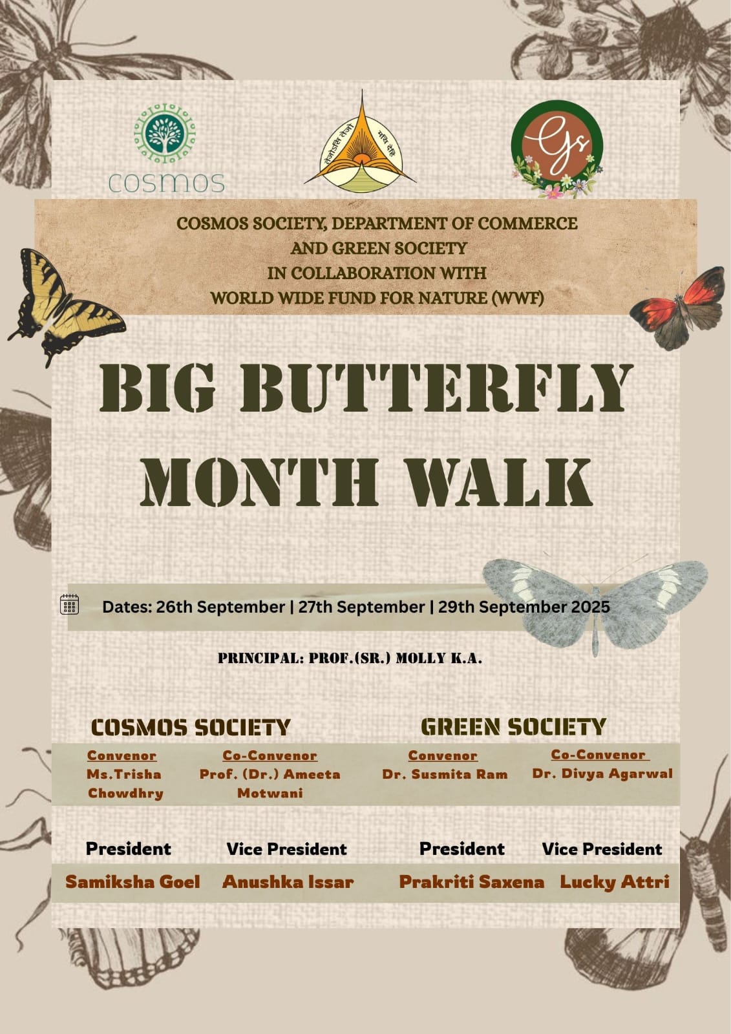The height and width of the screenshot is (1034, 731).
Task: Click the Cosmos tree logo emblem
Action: [164, 134]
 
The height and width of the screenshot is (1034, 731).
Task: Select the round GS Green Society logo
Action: [557, 149]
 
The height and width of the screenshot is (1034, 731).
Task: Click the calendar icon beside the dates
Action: [69, 604]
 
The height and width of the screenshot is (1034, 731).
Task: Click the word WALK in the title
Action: [500, 483]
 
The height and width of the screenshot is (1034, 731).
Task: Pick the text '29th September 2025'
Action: [524, 607]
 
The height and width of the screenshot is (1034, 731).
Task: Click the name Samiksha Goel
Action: [132, 882]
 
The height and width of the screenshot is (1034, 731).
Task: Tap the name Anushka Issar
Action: [288, 882]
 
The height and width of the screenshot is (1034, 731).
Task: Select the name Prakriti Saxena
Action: [471, 882]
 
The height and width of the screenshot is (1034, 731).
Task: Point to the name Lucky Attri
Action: [615, 882]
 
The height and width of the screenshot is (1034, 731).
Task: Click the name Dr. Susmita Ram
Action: [445, 775]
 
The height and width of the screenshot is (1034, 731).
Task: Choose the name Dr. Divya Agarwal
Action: [602, 774]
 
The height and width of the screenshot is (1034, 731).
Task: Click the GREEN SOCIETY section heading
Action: [513, 727]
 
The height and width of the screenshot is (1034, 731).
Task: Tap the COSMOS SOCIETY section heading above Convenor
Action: [191, 728]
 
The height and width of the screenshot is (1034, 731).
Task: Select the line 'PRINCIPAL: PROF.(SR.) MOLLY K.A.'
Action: [350, 659]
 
